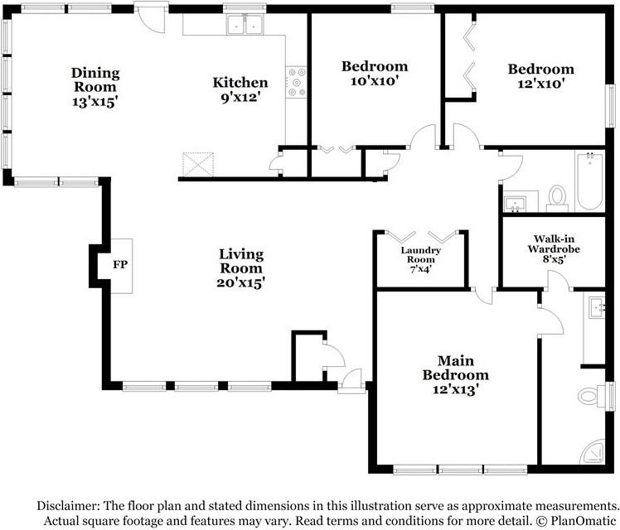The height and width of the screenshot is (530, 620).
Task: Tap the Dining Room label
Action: point(94,79)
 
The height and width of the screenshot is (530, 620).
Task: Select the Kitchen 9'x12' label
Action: point(240,89)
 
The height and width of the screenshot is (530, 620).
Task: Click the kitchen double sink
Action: point(245,26)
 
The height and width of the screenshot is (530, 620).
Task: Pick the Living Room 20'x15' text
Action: point(241,267)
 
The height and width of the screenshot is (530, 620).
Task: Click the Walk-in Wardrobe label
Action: point(554,248)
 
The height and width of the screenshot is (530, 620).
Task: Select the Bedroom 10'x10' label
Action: point(375,74)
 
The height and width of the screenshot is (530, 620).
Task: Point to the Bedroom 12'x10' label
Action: point(540,76)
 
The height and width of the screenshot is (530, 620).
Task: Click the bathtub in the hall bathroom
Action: point(589,183)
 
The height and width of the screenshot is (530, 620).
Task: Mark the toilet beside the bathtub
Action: point(557,197)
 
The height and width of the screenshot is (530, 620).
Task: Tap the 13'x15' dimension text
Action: point(94,102)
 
